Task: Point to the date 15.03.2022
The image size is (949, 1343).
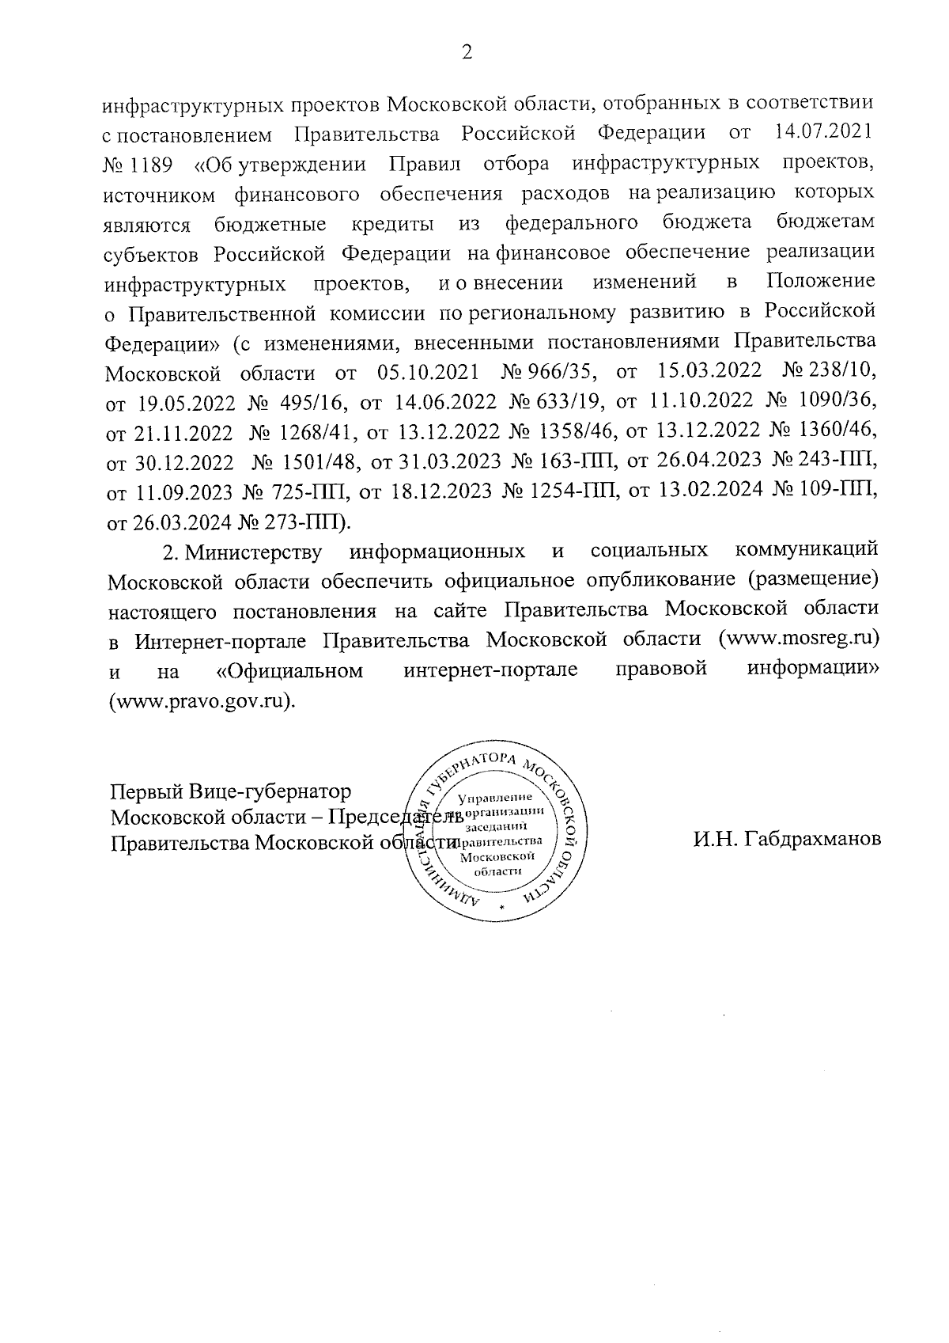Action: click(709, 372)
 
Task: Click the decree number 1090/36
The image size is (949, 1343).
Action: click(841, 402)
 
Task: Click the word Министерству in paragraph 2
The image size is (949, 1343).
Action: click(252, 551)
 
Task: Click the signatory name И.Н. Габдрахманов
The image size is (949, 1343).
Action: click(787, 840)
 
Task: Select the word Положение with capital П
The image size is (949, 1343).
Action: click(821, 282)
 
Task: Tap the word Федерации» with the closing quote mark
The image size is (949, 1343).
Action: click(162, 342)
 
